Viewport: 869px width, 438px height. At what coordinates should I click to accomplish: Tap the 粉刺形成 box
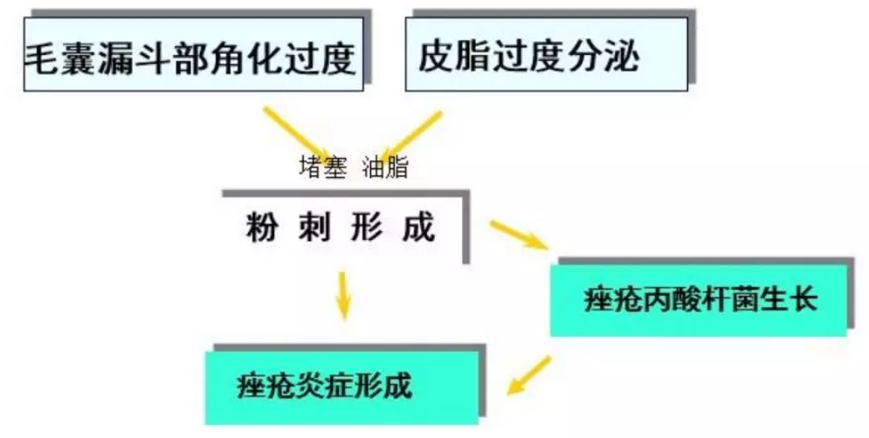pos(341,229)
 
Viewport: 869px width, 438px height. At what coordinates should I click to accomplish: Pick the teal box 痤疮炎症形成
pos(341,386)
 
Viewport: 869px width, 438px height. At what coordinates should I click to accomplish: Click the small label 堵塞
pos(324,168)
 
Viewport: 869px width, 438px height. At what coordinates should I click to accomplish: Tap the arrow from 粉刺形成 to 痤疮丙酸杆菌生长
pos(518,235)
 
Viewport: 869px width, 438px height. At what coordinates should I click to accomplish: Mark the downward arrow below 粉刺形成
pos(343,295)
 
